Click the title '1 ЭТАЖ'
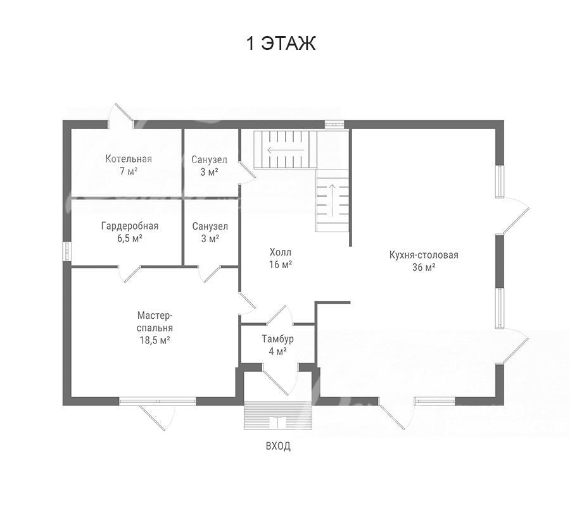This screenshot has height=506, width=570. point(281,43)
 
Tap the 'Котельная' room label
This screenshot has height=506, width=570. point(129,159)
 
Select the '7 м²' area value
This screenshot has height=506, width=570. point(129,171)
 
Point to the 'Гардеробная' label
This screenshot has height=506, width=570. point(130,226)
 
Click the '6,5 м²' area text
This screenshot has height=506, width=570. point(129,238)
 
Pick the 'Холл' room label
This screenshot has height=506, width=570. point(281,252)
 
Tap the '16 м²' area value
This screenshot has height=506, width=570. point(281,264)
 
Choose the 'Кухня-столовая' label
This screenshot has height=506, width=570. point(424,255)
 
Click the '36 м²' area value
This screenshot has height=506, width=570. point(424,268)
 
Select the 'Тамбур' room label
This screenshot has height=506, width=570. point(278,339)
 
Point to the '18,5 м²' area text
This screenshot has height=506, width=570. point(155,340)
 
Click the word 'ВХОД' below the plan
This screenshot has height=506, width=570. point(278,446)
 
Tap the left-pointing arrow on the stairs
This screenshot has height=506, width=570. point(286,149)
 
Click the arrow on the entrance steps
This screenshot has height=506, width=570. point(278,422)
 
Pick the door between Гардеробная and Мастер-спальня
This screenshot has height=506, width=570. point(129,274)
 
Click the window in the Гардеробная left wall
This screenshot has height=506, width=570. point(67,251)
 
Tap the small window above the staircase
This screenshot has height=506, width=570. point(334,124)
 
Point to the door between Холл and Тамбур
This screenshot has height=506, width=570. point(279,314)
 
